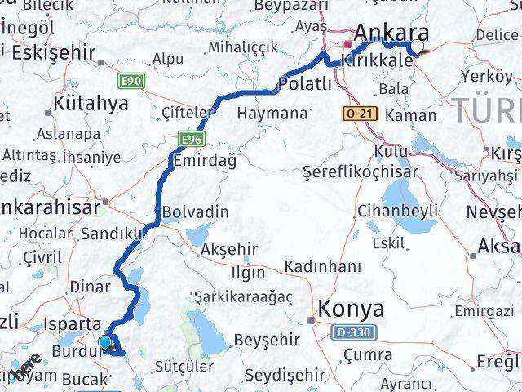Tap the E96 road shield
click(191, 140)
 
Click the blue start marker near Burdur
click(104, 343)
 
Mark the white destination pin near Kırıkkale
click(418, 47)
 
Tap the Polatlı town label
click(304, 84)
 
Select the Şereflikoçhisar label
click(360, 172)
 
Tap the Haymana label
click(270, 114)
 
